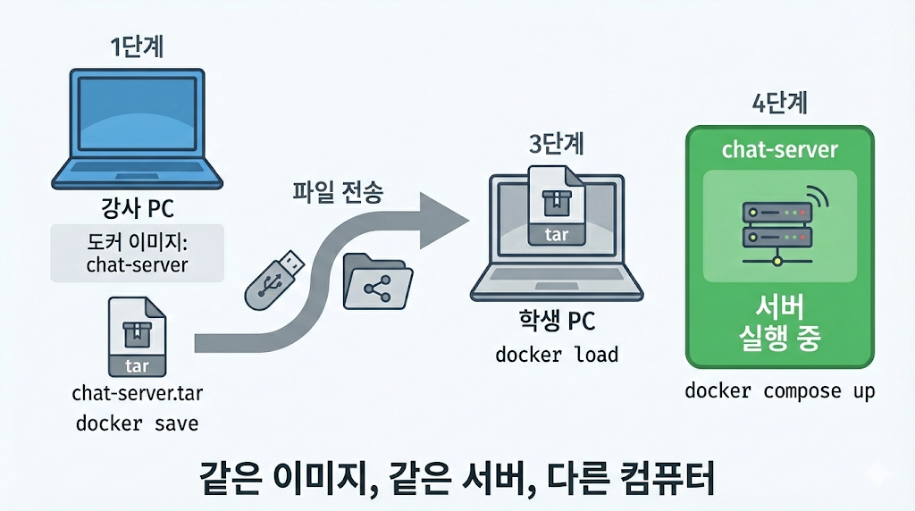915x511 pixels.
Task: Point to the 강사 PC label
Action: point(137,209)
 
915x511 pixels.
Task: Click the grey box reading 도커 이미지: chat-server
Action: point(137,253)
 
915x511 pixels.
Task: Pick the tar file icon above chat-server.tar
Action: point(137,337)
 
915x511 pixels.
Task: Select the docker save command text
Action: point(137,422)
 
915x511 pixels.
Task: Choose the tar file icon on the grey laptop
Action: point(556,205)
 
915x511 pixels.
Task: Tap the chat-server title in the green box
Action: point(779,148)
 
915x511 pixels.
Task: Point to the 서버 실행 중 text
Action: point(779,323)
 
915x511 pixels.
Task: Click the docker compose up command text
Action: point(780,391)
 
